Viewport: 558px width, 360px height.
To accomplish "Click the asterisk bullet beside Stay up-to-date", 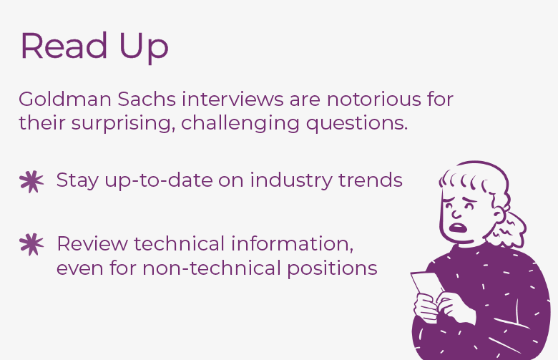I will click(31, 182).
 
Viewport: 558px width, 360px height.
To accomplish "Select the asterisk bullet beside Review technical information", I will click(31, 245).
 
